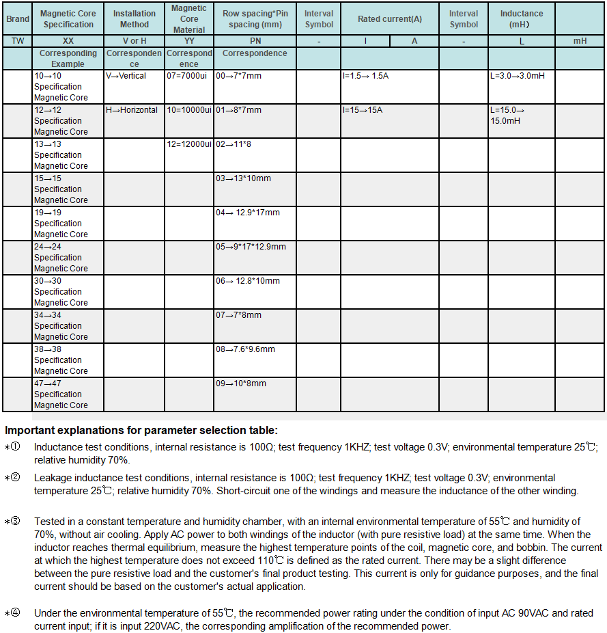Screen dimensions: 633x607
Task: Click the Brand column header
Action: point(18,19)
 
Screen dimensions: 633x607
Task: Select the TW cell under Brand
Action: point(18,41)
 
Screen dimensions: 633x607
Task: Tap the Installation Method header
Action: point(135,19)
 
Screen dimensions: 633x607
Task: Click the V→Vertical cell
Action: point(126,76)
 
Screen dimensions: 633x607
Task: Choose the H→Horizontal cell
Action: point(132,110)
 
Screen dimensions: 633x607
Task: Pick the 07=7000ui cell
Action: point(187,76)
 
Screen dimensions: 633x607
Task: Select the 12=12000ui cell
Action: point(189,144)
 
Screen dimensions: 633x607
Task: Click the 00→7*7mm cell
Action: point(239,76)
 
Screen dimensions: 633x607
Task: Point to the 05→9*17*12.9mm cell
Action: point(251,247)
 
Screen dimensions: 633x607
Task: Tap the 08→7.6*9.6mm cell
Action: point(246,349)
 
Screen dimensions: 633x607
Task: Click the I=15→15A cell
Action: point(363,110)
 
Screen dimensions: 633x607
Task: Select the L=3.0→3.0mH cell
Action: point(518,76)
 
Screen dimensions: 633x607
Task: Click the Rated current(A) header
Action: point(390,19)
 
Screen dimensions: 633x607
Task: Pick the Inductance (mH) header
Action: point(522,19)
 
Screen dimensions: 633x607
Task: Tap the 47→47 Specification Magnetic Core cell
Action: point(61,394)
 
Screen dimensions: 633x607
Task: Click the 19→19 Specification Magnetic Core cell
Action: point(61,224)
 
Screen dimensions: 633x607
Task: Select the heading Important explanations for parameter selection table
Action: point(141,431)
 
